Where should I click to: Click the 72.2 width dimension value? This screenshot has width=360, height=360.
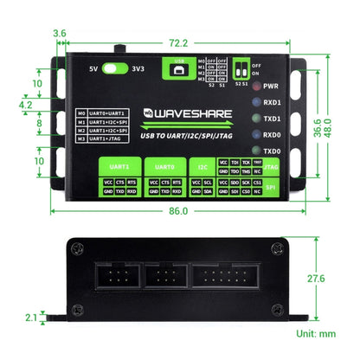178,42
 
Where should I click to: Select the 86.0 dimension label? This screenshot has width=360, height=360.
178,209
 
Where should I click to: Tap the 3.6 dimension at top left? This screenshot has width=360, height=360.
60,34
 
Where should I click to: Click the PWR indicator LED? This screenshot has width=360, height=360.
255,87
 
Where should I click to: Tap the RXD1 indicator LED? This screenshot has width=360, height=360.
255,103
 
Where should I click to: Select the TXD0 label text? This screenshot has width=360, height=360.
273,151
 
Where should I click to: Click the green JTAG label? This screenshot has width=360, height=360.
271,164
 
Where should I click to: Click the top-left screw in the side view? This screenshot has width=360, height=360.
79,249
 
